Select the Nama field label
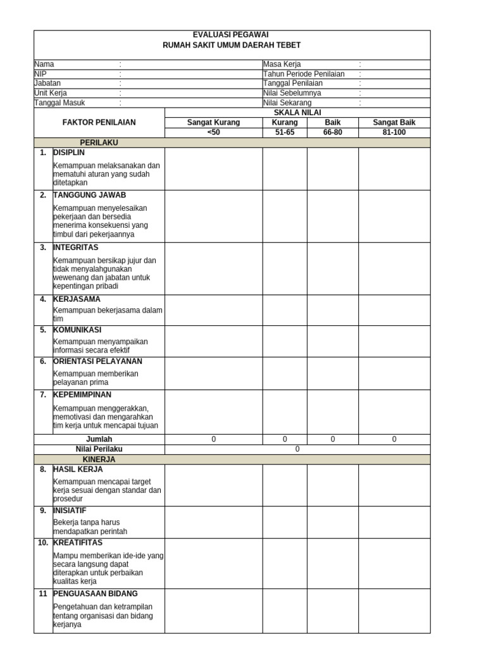pos(44,65)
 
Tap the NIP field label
pos(40,74)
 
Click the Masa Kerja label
pos(282,65)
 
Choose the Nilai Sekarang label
pos(287,103)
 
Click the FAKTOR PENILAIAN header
pos(99,123)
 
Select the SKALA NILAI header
pos(297,112)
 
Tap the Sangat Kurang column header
pos(213,123)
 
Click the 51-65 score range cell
pos(285,133)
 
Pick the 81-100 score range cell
pos(394,133)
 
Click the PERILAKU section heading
pos(99,143)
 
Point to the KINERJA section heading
pos(99,459)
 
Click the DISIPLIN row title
pos(69,153)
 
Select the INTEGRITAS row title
pos(76,247)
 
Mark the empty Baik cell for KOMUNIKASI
pos(333,341)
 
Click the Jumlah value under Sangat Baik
pos(394,439)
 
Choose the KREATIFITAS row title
pos(78,543)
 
